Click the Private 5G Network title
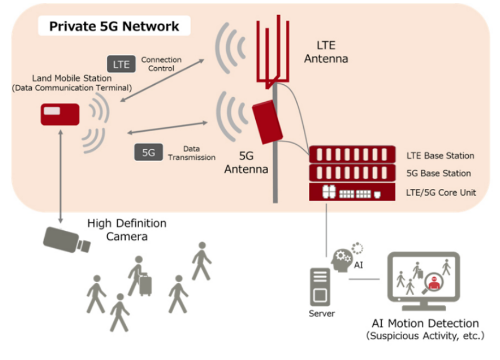pos(114,26)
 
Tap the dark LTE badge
pos(121,64)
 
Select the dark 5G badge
pos(148,152)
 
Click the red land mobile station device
pos(60,114)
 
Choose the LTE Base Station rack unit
pos(349,155)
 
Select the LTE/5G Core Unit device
pos(349,192)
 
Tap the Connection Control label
pos(161,64)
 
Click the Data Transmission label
pos(192,153)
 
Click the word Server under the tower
pos(322,314)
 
